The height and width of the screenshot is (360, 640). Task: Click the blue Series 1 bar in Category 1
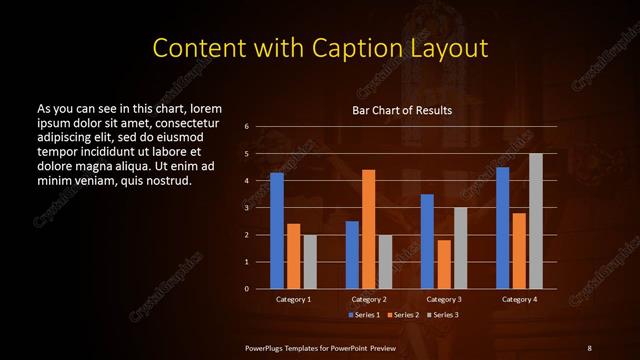tap(277, 231)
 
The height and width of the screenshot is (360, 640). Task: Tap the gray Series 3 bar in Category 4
tap(536, 221)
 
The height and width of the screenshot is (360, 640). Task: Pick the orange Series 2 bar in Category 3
tap(444, 264)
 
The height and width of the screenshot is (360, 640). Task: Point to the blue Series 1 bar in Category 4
tap(503, 228)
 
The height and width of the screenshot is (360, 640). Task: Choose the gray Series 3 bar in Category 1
tap(310, 262)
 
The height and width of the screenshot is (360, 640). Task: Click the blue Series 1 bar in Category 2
tap(352, 255)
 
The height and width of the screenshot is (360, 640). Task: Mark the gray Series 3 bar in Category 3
tap(461, 248)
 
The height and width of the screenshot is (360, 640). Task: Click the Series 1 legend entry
tap(363, 315)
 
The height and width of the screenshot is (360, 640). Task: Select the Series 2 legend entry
tap(402, 315)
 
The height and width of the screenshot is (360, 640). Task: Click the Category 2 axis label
tap(369, 299)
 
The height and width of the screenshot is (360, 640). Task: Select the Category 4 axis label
tap(519, 299)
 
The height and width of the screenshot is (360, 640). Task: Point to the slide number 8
tap(589, 347)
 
